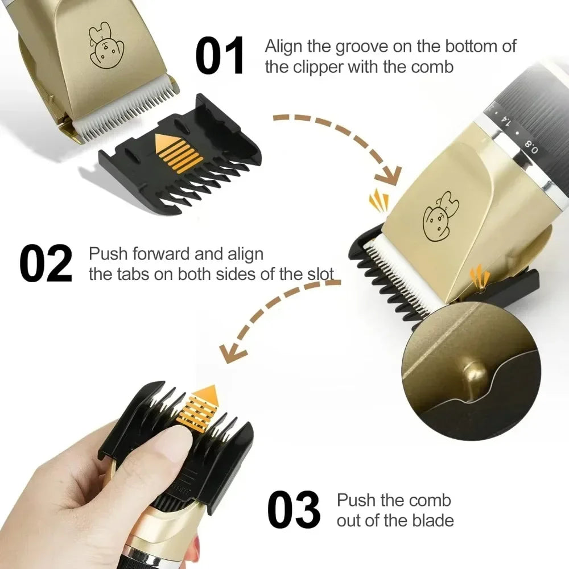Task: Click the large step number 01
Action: click(220, 56)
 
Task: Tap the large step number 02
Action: click(46, 263)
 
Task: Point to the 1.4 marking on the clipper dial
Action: click(504, 121)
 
